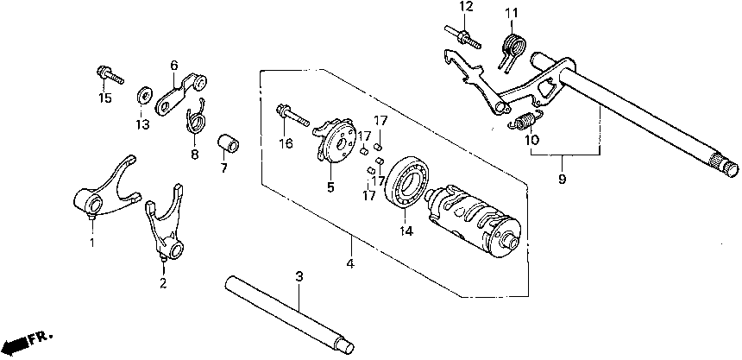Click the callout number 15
pyautogui.click(x=104, y=98)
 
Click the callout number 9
pyautogui.click(x=562, y=180)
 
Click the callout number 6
pyautogui.click(x=173, y=65)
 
